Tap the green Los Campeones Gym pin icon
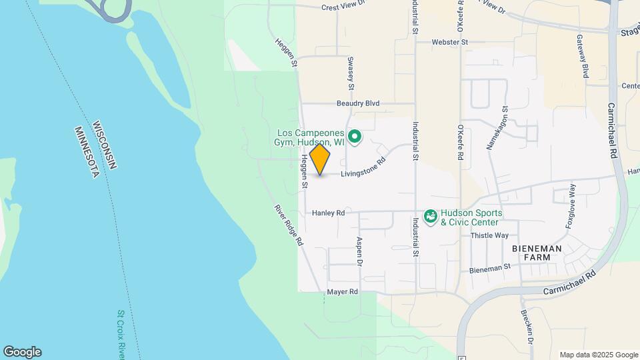(x=355, y=138)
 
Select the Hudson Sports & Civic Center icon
(x=431, y=217)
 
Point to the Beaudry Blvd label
(x=357, y=103)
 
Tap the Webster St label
(x=451, y=42)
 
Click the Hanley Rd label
(x=329, y=213)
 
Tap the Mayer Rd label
(x=343, y=292)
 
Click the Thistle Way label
(x=489, y=235)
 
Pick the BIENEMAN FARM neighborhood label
(x=537, y=253)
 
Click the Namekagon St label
(x=497, y=127)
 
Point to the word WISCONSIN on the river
(x=107, y=145)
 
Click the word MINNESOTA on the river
(x=87, y=153)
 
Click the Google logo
(x=22, y=352)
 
